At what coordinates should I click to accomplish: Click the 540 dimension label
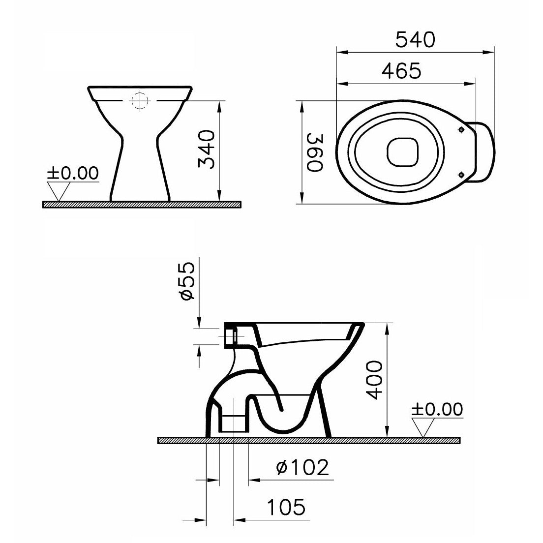(416, 40)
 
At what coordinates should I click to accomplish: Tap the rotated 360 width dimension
(314, 152)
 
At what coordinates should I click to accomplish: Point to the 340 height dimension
(206, 150)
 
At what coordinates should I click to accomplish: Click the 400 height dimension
(375, 380)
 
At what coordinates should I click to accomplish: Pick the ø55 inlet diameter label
(187, 281)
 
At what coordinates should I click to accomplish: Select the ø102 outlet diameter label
(302, 467)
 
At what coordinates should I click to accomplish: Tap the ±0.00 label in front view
(73, 173)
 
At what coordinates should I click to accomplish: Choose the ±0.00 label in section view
(437, 409)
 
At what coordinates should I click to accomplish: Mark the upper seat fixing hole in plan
(461, 130)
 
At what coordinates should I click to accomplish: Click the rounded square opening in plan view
(403, 152)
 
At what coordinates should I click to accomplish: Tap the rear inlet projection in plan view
(484, 152)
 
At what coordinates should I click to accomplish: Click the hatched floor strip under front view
(142, 204)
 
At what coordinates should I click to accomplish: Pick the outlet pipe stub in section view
(233, 423)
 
